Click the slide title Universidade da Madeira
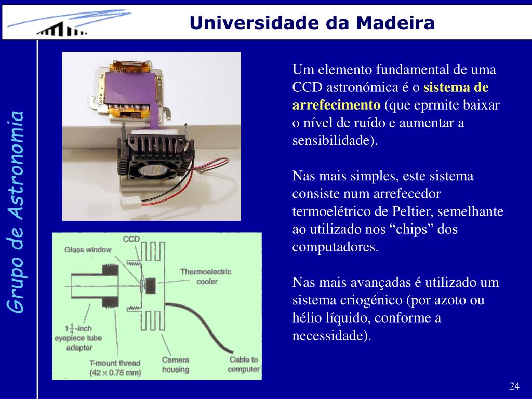pyautogui.click(x=312, y=23)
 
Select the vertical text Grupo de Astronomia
pyautogui.click(x=16, y=212)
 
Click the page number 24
pyautogui.click(x=514, y=386)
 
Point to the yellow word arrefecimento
pyautogui.click(x=336, y=105)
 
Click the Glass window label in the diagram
pyautogui.click(x=88, y=250)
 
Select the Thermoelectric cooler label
pyautogui.click(x=206, y=276)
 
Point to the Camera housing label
pyautogui.click(x=176, y=364)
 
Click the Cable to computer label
pyautogui.click(x=244, y=364)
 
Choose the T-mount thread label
pyautogui.click(x=115, y=368)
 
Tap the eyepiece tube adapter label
pyautogui.click(x=78, y=338)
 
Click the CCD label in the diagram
pyautogui.click(x=131, y=239)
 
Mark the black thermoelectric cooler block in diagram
pyautogui.click(x=150, y=286)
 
